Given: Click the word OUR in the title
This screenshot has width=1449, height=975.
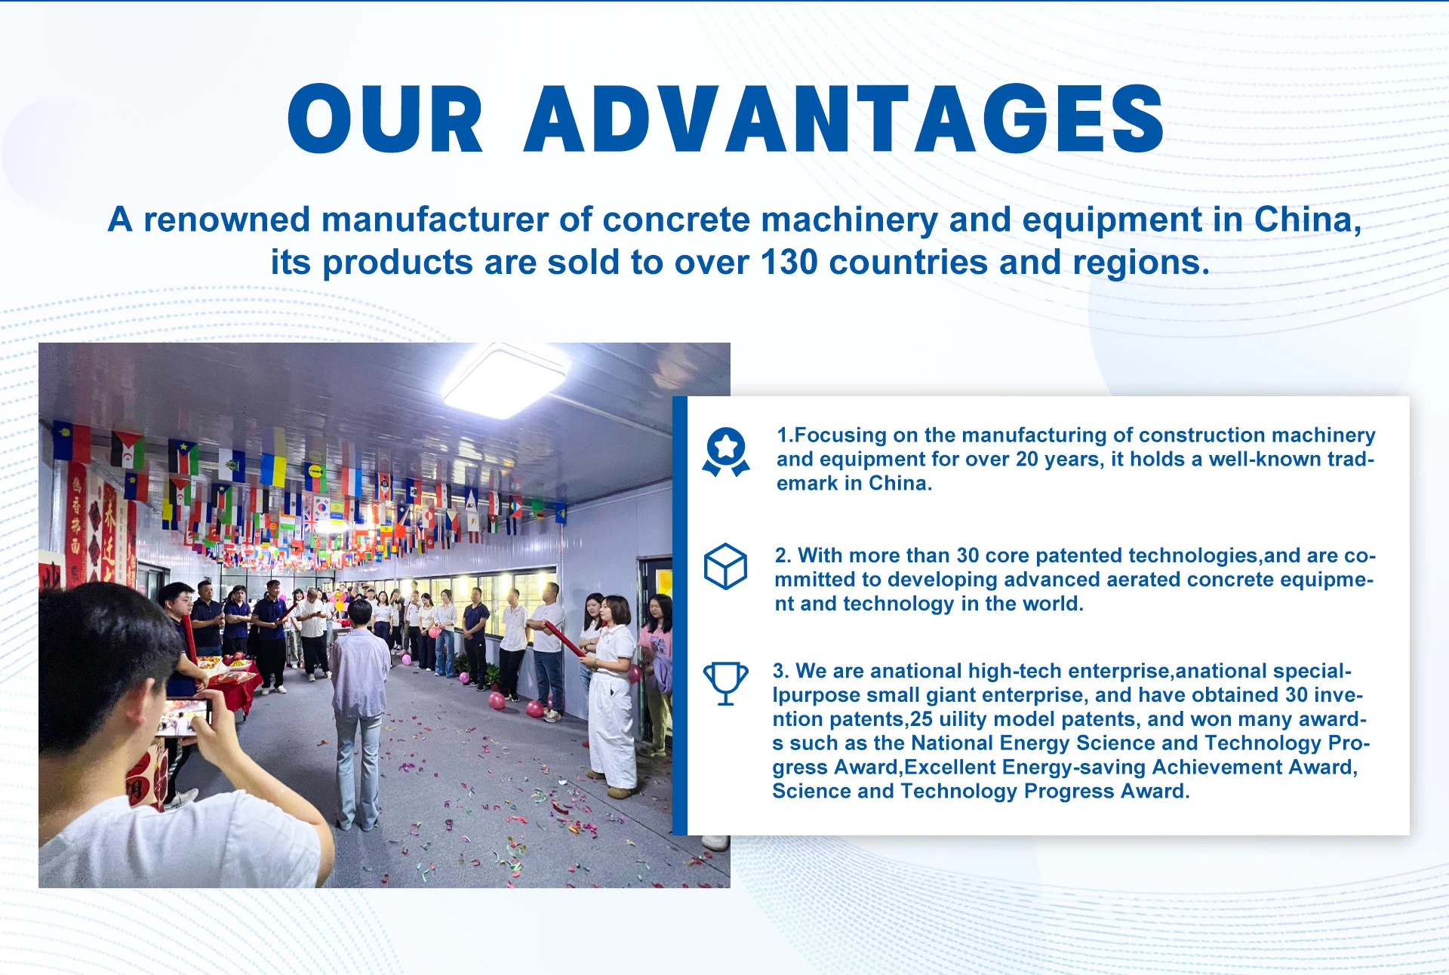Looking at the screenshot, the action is coord(385,118).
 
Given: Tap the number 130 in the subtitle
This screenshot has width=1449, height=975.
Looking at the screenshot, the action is coord(789,263).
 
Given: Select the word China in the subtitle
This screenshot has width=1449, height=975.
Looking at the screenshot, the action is coord(1307,220).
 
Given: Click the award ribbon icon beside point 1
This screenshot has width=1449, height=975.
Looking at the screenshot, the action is coord(726,452).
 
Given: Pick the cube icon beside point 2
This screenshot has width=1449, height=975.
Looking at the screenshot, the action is coord(725,566).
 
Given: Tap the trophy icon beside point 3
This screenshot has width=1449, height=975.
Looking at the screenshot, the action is coord(725,684).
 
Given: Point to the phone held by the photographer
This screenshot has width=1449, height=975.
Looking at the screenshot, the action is coord(184,717).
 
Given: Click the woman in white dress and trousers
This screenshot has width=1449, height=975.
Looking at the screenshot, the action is coord(613,694).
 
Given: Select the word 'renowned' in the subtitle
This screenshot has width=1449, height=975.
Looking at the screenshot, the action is coord(227,220).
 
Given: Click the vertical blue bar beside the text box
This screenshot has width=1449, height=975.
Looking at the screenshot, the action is coord(680,616).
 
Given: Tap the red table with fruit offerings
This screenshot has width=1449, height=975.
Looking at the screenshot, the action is coord(230,683).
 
